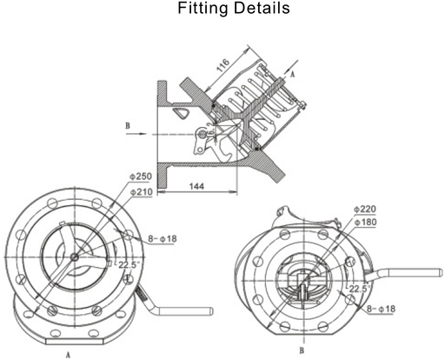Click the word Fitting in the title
[x=198, y=11]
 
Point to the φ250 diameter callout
[x=141, y=177]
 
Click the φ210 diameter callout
[x=141, y=191]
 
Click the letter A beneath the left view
[x=68, y=355]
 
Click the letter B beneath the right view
[x=301, y=351]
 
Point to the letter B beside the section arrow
[x=128, y=126]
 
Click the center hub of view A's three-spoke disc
[x=76, y=257]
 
